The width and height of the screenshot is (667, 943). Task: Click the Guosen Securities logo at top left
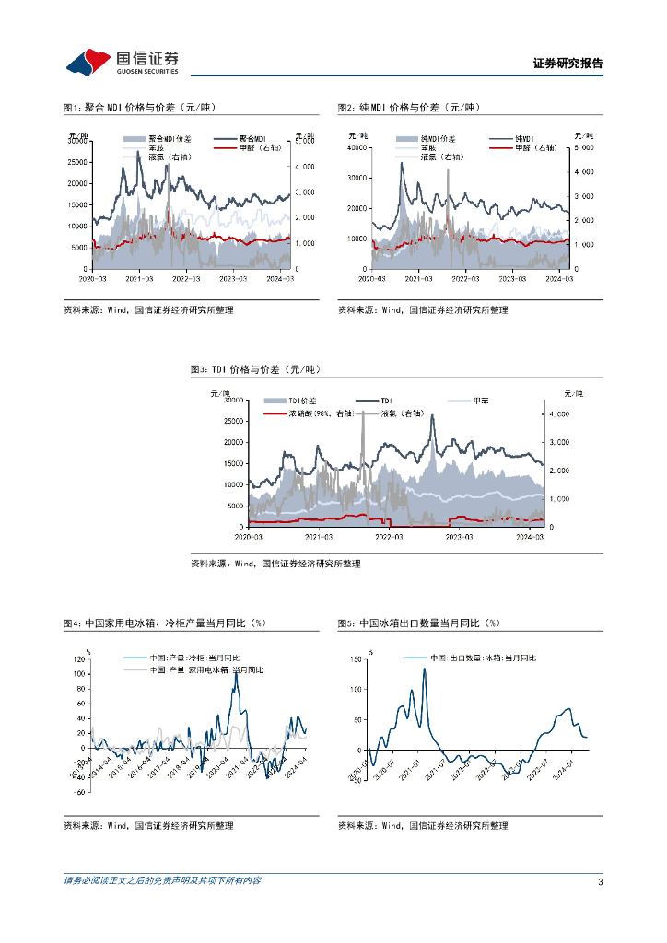[x=122, y=62]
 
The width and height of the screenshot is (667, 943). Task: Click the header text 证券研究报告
[x=568, y=64]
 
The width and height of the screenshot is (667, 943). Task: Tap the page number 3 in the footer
[x=600, y=881]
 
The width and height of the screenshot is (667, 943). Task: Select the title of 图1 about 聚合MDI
[x=138, y=108]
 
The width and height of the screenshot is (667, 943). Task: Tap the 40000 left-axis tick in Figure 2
[x=356, y=147]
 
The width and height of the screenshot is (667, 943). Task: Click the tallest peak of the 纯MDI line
[x=402, y=163]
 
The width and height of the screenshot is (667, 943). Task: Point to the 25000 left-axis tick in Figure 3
[x=232, y=421]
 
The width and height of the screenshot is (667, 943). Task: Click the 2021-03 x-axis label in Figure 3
[x=318, y=536]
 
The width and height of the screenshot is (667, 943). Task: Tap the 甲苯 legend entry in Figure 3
[x=479, y=401]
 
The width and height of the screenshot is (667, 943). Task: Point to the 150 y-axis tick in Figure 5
[x=355, y=659]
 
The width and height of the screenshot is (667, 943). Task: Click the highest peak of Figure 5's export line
[x=425, y=669]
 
